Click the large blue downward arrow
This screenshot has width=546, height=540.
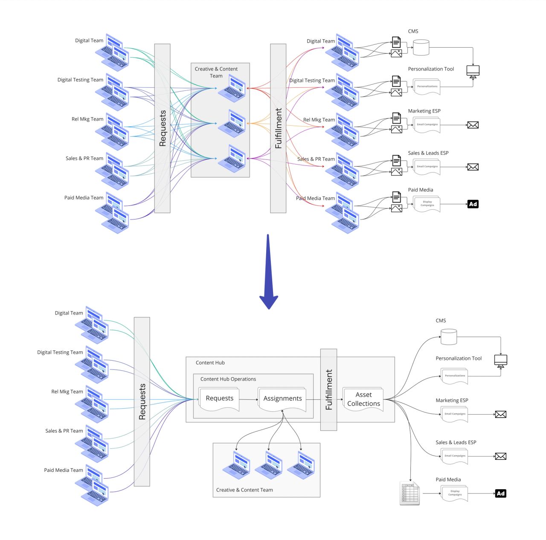pos(268,273)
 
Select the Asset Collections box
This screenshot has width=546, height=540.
pos(363,399)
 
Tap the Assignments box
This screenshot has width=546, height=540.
pos(282,399)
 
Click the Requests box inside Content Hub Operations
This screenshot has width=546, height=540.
pos(219,399)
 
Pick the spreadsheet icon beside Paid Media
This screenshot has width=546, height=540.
pos(409,494)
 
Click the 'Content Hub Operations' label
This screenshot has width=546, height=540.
pos(228,379)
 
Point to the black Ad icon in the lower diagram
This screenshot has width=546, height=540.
pos(500,494)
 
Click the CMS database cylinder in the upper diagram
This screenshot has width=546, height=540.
pos(421,47)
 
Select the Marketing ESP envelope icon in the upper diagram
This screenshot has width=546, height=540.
pos(473,125)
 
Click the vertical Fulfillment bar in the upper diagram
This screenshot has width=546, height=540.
pos(278,128)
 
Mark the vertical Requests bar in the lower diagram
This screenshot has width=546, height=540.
pos(142,401)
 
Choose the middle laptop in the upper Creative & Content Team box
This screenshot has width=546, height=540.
pos(232,123)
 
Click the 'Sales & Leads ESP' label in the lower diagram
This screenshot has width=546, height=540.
pos(456,442)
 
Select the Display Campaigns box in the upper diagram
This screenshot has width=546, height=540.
pos(427,204)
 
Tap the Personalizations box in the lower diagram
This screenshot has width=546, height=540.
pos(455,376)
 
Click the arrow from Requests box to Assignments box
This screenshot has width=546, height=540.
pos(248,399)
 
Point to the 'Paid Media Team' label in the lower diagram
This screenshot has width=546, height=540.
pos(64,470)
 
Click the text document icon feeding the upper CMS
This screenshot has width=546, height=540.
pos(396,42)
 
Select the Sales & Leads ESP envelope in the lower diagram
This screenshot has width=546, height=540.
pos(500,456)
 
